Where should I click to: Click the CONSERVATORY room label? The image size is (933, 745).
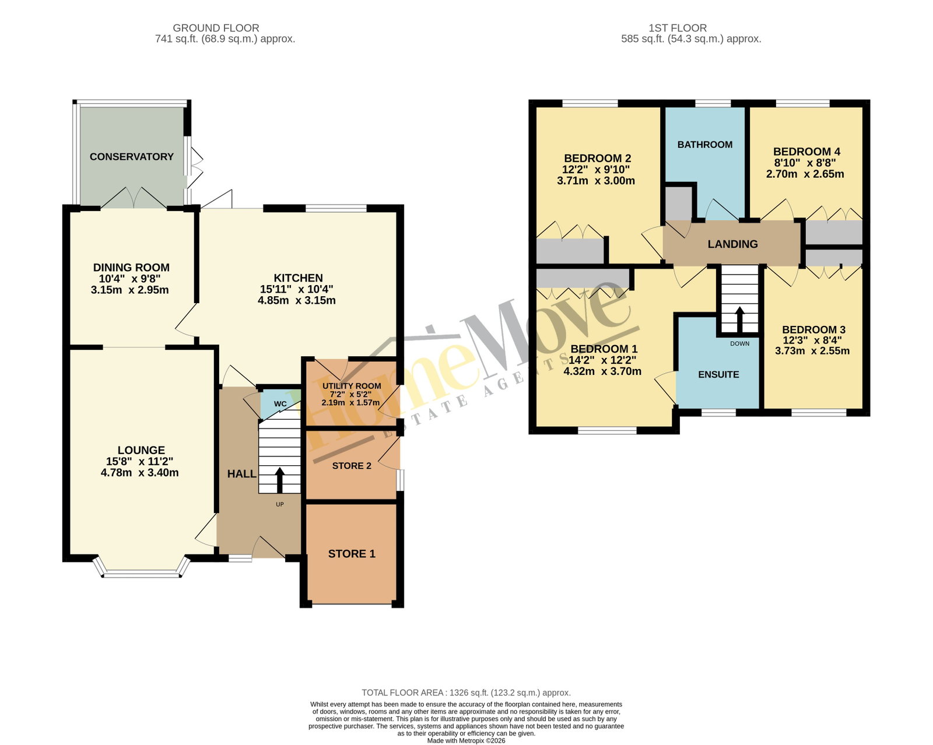pyautogui.click(x=131, y=156)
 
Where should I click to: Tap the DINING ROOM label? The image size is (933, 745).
pyautogui.click(x=131, y=268)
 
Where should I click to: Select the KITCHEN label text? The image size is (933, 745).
pyautogui.click(x=298, y=278)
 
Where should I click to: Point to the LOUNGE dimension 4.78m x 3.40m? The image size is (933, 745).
pyautogui.click(x=139, y=472)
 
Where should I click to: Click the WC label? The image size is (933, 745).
pyautogui.click(x=280, y=404)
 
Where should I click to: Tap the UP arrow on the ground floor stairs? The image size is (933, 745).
pyautogui.click(x=280, y=480)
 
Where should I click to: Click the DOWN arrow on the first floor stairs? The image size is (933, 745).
pyautogui.click(x=739, y=320)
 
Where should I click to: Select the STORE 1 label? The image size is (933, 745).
pyautogui.click(x=352, y=553)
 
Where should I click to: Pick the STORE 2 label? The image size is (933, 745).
pyautogui.click(x=352, y=465)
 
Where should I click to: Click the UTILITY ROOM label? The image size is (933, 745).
pyautogui.click(x=352, y=386)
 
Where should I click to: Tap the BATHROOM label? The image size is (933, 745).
pyautogui.click(x=704, y=145)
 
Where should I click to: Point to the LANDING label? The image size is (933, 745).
pyautogui.click(x=732, y=244)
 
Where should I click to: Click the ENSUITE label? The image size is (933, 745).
pyautogui.click(x=718, y=374)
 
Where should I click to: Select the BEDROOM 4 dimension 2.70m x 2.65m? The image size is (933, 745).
pyautogui.click(x=805, y=174)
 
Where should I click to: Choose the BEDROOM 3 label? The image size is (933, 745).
pyautogui.click(x=813, y=329)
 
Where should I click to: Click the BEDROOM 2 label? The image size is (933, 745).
pyautogui.click(x=597, y=158)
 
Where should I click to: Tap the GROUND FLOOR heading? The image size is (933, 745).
pyautogui.click(x=216, y=28)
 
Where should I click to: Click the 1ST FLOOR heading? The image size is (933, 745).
pyautogui.click(x=677, y=28)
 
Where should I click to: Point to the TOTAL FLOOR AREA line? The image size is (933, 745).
pyautogui.click(x=466, y=693)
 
